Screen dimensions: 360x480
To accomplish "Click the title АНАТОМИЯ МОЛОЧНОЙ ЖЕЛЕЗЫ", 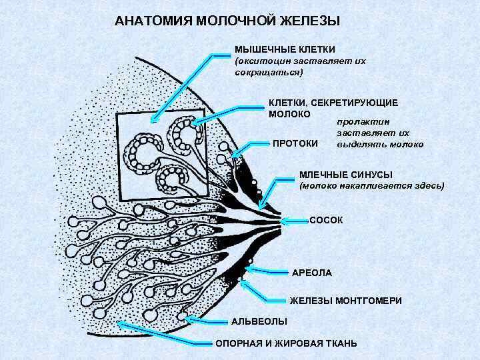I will pyautogui.click(x=227, y=21).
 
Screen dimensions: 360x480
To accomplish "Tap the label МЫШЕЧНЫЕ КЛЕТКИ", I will pyautogui.click(x=285, y=49).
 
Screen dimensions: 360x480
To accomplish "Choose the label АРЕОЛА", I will pyautogui.click(x=312, y=273).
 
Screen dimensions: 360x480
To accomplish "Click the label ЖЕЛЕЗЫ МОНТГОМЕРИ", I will pyautogui.click(x=345, y=301).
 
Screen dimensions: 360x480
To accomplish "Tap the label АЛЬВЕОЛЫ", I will pyautogui.click(x=259, y=322).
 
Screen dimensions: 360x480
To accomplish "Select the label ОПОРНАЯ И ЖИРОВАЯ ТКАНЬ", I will pyautogui.click(x=285, y=343).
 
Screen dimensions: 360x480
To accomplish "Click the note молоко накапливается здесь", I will pyautogui.click(x=371, y=185).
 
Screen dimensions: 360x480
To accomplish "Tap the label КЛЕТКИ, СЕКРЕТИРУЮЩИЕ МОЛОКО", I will pyautogui.click(x=333, y=108).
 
